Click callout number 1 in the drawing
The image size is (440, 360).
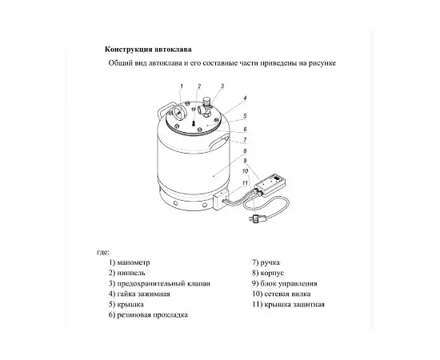[182, 85]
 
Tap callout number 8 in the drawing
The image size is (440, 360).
[244, 150]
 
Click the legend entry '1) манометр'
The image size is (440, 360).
[129, 262]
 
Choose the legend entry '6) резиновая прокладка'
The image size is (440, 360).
[147, 315]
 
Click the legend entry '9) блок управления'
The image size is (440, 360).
[284, 283]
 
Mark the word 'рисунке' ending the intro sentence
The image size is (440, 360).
[315, 63]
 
